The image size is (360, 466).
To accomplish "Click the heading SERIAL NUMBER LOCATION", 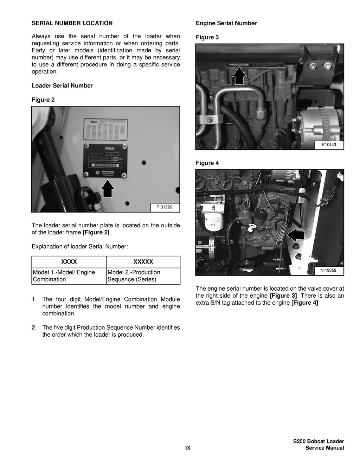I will point(72,23).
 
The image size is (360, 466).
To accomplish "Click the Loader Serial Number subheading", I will point(62,86).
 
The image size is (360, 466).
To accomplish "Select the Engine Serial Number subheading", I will point(226,23).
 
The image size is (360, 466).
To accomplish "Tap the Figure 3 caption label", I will point(207,37).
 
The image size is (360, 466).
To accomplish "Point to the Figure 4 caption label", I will point(207,163).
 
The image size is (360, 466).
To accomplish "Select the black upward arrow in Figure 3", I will point(239,76).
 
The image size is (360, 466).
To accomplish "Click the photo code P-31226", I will point(165,208).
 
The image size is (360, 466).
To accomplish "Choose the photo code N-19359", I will point(328,271).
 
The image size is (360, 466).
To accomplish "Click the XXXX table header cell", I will point(69,262).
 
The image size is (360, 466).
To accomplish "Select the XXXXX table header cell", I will point(143,262).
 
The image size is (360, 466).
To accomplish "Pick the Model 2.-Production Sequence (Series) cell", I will point(143,276).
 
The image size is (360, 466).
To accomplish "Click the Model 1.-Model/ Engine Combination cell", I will point(69,276).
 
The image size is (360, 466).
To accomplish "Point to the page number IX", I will point(188,448).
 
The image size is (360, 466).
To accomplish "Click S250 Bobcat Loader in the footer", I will point(319,441).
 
